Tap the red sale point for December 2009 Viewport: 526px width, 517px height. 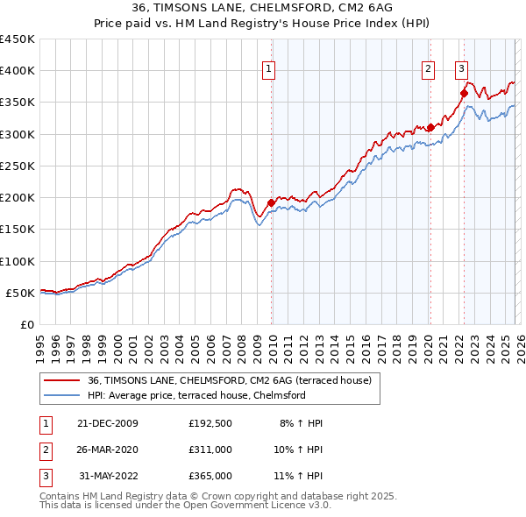pyautogui.click(x=271, y=202)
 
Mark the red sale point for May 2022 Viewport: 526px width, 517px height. pyautogui.click(x=464, y=94)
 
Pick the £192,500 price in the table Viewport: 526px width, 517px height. pyautogui.click(x=210, y=422)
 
